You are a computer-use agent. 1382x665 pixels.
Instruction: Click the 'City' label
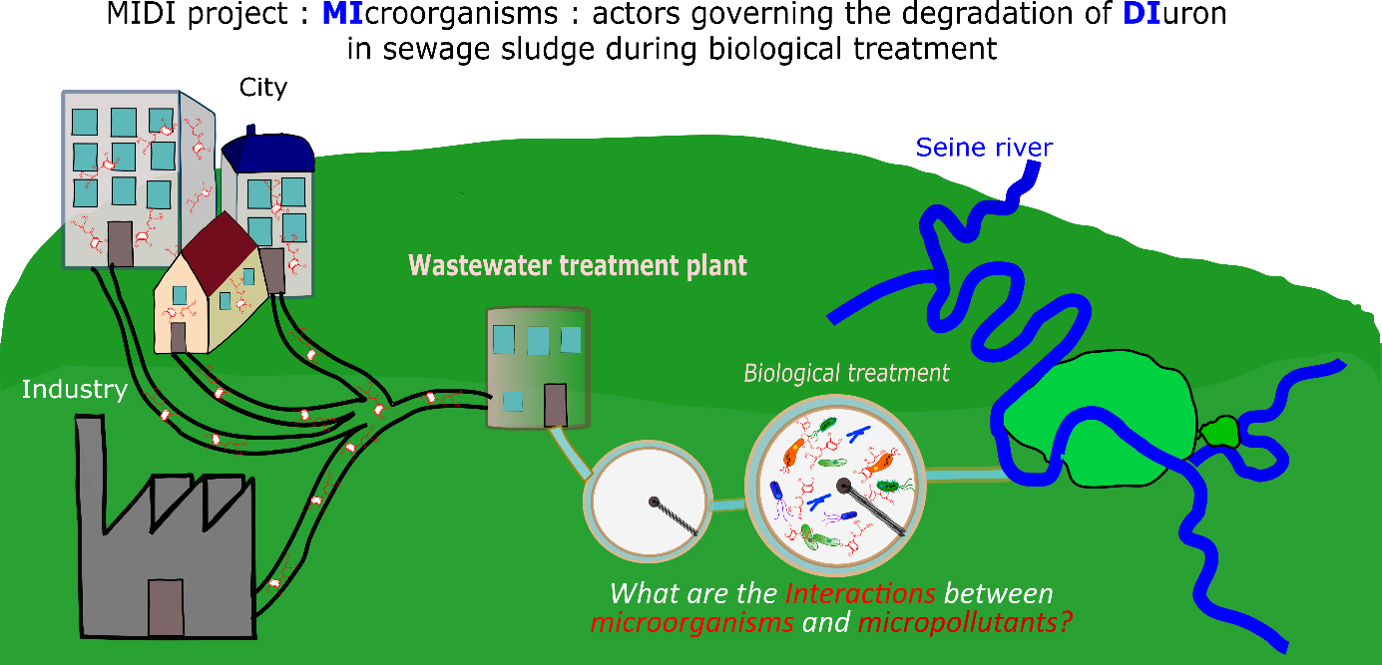(262, 88)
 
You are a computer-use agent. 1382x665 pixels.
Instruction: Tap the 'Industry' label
(75, 390)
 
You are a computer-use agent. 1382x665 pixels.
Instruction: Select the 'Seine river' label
(984, 148)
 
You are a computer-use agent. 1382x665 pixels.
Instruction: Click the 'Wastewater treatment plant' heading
(578, 265)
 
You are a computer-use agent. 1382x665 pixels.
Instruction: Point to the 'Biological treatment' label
(846, 374)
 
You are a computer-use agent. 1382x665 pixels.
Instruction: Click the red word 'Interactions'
(860, 593)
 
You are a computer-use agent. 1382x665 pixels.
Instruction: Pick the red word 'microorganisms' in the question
(692, 622)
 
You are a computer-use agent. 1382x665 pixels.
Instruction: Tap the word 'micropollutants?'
(965, 622)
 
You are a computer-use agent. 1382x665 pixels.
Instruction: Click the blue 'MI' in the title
(343, 14)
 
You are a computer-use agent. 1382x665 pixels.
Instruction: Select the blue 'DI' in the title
(1142, 14)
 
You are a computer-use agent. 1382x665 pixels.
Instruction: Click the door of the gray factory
(166, 607)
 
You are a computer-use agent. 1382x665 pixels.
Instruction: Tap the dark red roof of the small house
(219, 252)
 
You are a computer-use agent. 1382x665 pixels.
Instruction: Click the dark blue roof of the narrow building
(268, 152)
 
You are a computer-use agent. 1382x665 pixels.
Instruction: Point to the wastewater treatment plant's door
(555, 405)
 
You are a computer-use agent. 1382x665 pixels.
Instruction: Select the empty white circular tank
(648, 501)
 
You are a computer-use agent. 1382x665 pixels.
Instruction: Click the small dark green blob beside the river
(1219, 432)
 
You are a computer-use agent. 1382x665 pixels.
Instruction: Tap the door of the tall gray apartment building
(121, 244)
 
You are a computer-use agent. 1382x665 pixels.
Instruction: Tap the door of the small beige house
(178, 337)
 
